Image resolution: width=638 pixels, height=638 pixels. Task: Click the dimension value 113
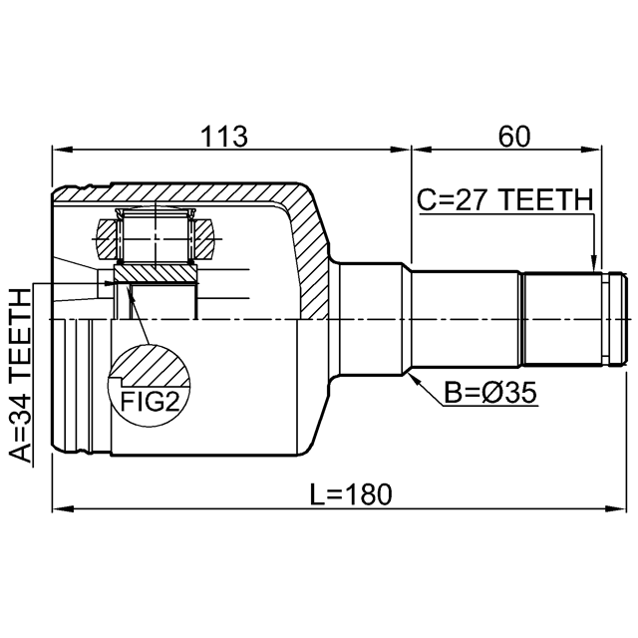tap(224, 137)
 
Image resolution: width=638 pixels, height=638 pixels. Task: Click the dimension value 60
tap(514, 137)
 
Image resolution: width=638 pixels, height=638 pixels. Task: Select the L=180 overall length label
tap(351, 494)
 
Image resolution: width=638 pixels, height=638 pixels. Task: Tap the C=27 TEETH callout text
tap(505, 199)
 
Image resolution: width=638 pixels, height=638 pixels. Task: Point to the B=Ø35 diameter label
tap(490, 393)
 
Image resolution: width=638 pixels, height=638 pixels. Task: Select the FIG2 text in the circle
tap(150, 401)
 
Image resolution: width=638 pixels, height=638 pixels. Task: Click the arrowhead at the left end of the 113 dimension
tap(62, 150)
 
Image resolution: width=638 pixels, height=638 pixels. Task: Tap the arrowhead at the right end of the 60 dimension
tap(591, 150)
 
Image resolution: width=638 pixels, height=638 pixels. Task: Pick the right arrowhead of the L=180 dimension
tap(615, 509)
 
